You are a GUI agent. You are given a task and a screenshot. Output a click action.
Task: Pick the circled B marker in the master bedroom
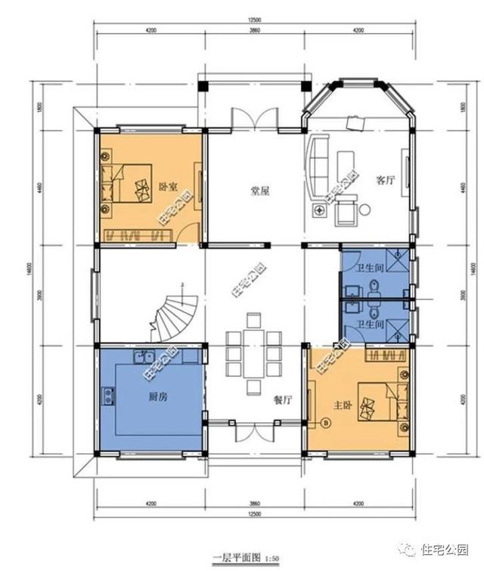327,423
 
